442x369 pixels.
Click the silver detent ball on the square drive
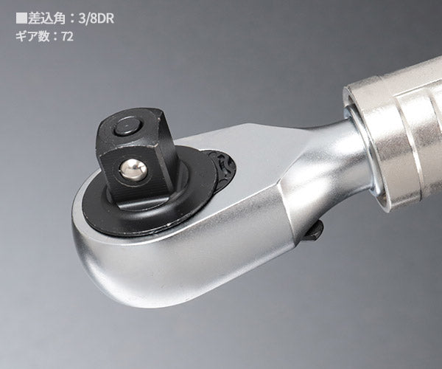133,169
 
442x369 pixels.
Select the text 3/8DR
97,18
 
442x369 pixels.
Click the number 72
67,37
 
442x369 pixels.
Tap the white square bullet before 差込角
21,18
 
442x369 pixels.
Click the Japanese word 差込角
46,18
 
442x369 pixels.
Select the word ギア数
32,37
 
